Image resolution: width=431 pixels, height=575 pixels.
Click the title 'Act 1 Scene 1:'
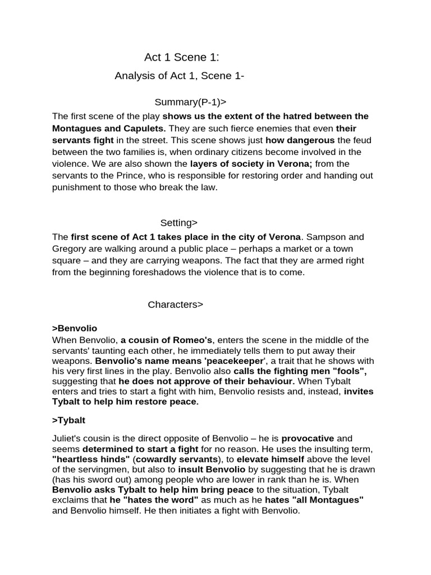click(x=181, y=57)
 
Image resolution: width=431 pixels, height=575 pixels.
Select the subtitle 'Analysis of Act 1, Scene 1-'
click(x=179, y=76)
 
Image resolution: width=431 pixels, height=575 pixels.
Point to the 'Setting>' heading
click(x=179, y=222)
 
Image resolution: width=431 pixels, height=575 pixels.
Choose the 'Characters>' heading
click(x=175, y=304)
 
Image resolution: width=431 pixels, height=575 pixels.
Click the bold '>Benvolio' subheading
click(x=75, y=328)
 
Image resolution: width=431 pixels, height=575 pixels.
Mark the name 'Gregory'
click(x=70, y=248)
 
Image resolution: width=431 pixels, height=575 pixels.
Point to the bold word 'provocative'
click(x=308, y=438)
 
